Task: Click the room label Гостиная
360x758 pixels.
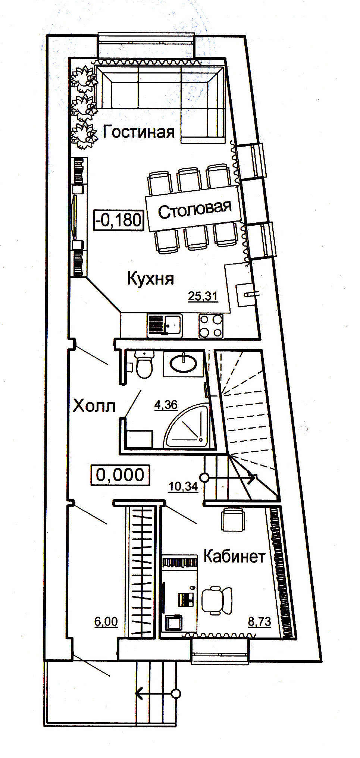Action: (139, 132)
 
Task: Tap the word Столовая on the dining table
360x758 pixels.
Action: (195, 210)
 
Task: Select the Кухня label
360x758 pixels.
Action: (151, 279)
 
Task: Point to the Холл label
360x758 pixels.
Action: (94, 406)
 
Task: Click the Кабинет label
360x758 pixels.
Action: (234, 556)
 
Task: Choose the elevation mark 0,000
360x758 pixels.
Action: (120, 475)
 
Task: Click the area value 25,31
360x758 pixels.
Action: (203, 297)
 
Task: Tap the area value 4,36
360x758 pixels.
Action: (166, 405)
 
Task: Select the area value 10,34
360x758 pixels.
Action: (183, 486)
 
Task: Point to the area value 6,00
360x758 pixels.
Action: (106, 621)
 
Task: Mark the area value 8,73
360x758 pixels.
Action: (260, 621)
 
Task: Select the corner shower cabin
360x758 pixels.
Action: (188, 426)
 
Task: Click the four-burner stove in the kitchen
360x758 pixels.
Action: (211, 326)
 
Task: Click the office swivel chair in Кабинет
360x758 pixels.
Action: (216, 601)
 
